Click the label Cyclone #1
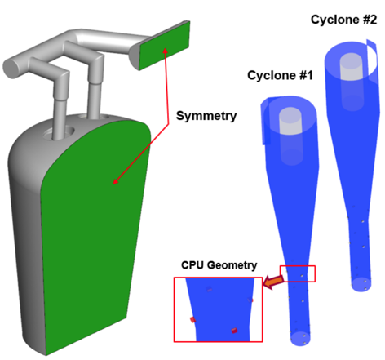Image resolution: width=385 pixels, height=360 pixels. (x=280, y=75)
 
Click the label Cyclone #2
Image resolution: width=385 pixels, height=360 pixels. (x=343, y=20)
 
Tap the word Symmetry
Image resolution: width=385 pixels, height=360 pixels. (x=206, y=116)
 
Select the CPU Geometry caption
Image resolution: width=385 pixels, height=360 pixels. (x=219, y=265)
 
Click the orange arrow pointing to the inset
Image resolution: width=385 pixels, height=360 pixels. (x=273, y=282)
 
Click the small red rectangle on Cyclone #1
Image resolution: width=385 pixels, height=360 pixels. (x=298, y=273)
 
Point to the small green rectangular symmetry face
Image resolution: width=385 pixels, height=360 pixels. (x=165, y=46)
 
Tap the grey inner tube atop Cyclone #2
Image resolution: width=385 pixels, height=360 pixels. (x=352, y=82)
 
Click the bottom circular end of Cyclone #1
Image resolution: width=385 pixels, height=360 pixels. (x=300, y=338)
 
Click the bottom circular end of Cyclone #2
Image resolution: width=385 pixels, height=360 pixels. (x=361, y=284)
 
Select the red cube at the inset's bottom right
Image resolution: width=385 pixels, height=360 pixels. (x=234, y=331)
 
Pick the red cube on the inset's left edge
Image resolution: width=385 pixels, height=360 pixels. (x=192, y=320)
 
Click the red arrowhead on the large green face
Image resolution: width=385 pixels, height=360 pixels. (x=116, y=181)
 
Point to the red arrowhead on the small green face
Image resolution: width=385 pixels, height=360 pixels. (x=165, y=51)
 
